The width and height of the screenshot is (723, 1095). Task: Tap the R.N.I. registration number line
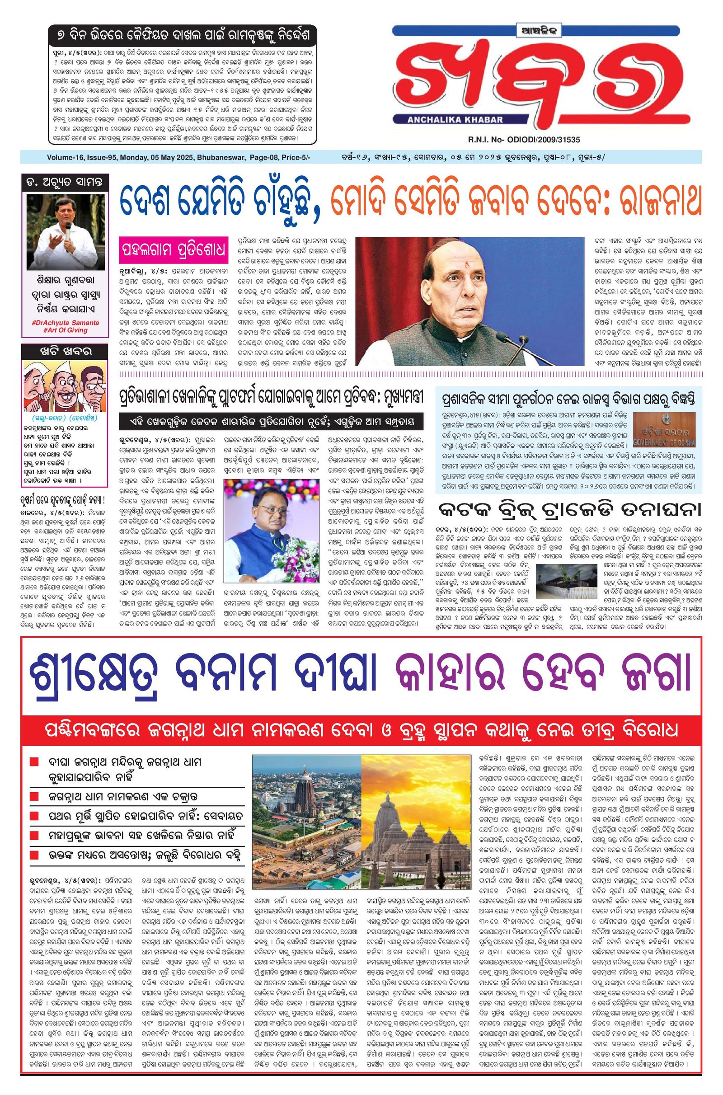(523, 139)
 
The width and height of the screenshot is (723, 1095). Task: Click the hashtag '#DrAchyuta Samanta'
(65, 323)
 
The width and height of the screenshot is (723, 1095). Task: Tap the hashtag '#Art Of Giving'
(65, 330)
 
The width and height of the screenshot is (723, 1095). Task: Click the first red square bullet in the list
(34, 761)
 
